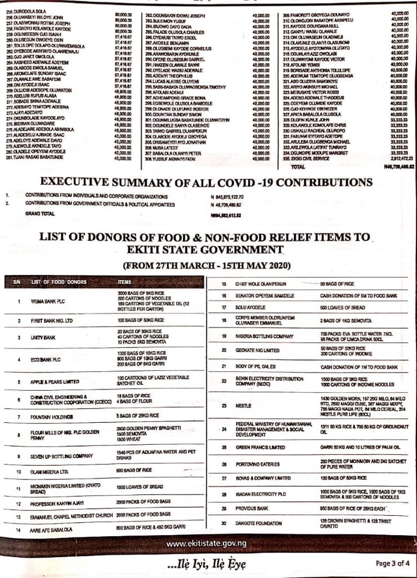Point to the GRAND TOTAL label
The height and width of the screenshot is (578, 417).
pos(37,214)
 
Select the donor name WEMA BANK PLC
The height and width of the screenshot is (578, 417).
pos(48,301)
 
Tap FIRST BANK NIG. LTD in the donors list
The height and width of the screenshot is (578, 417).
pos(54,320)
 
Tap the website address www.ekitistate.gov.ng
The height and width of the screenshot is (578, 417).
pos(209,543)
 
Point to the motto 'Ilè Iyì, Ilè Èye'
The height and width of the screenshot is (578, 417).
pos(208,563)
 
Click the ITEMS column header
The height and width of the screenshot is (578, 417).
pos(124,281)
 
